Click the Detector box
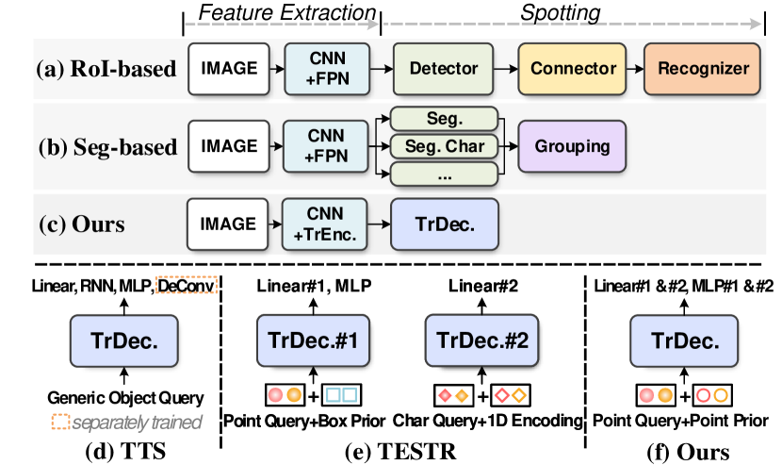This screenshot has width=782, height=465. coord(444,69)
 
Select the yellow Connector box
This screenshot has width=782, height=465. coord(573,69)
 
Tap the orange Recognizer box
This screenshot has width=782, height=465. coord(703,69)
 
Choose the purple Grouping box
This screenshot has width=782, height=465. coord(572,146)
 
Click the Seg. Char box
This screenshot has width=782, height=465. coord(444,146)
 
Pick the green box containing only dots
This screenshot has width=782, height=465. coord(444,174)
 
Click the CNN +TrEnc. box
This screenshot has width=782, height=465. coord(325,224)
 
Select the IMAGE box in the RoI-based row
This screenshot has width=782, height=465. coord(228,69)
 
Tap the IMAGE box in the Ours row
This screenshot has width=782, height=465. coord(228,224)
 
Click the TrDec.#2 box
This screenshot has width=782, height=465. coord(482,341)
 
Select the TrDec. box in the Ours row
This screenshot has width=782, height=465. coord(444,224)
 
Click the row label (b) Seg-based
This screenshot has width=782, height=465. coord(107,147)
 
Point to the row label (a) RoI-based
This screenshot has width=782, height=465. coord(106,69)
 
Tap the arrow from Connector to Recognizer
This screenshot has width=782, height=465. coord(631,69)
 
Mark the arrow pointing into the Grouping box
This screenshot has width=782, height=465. coord(509,146)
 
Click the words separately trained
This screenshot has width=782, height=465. coord(138,423)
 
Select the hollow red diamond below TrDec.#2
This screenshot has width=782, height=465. coord(502,396)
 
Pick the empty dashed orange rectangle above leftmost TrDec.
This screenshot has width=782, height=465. coord(186,285)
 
